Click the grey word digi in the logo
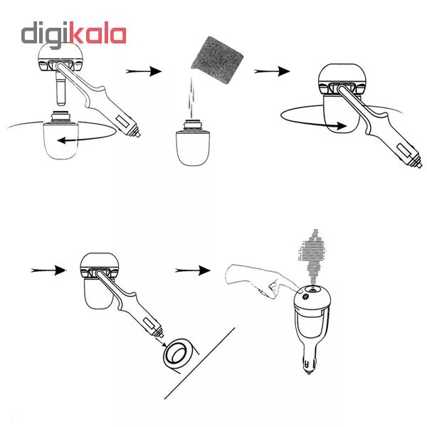[45, 35]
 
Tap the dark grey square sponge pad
[217, 60]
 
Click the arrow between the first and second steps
[144, 71]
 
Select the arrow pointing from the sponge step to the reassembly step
[272, 71]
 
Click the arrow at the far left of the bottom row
[48, 270]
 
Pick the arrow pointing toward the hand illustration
[193, 270]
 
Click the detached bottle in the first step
[60, 135]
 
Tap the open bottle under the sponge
[193, 143]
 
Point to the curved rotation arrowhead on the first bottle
[61, 140]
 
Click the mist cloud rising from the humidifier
[312, 253]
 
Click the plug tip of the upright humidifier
[309, 371]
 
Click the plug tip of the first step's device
[137, 134]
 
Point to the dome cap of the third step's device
[342, 73]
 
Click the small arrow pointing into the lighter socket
[161, 342]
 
